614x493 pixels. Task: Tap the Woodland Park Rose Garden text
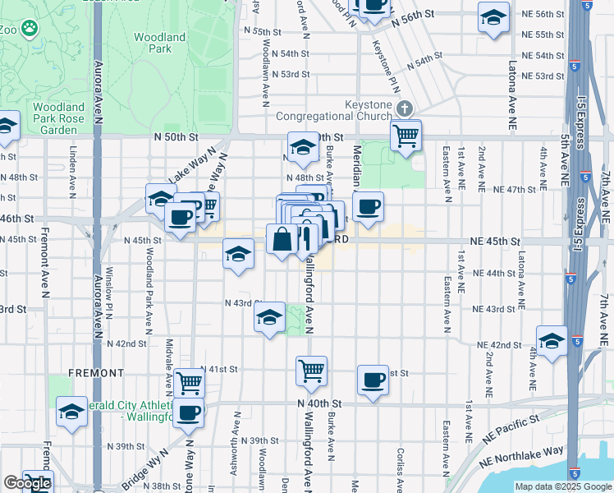58,118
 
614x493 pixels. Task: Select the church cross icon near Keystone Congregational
404,108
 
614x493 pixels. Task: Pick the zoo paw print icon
30,28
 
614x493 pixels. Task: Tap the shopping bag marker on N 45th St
282,241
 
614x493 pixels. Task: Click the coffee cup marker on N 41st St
373,380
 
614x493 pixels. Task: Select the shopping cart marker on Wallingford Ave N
312,371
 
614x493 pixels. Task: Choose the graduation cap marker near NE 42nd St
552,341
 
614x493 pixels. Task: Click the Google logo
26,483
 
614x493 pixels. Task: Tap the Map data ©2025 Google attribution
562,486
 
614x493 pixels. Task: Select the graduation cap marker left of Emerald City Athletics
71,411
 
